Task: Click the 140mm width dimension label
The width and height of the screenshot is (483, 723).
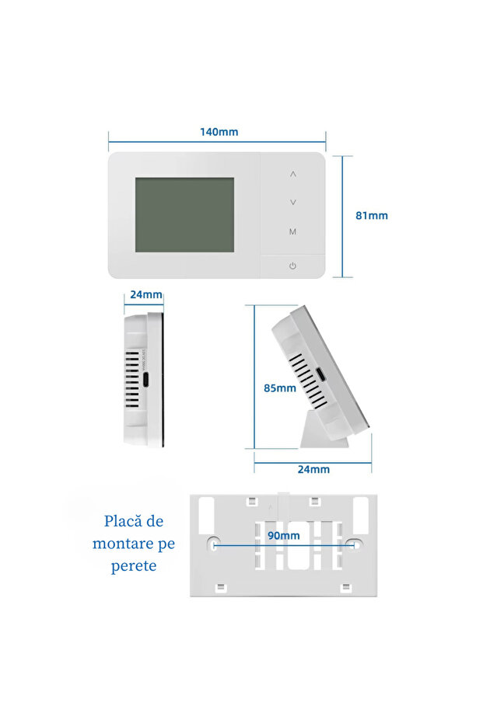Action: click(219, 132)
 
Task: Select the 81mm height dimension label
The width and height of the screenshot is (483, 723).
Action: click(371, 216)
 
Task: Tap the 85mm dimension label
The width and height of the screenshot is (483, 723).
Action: click(280, 388)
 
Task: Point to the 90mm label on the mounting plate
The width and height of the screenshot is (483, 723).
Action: click(284, 536)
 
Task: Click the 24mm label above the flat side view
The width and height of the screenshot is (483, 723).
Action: click(145, 294)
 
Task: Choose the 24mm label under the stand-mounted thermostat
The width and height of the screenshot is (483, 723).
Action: click(313, 469)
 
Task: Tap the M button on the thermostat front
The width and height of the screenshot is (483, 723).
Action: click(292, 231)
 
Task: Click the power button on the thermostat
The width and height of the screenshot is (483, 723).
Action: click(292, 266)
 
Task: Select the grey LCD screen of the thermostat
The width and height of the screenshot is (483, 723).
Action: click(184, 214)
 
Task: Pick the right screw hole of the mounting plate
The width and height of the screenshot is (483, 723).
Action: click(355, 545)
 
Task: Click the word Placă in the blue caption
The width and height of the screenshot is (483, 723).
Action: click(123, 521)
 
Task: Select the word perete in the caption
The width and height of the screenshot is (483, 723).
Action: click(134, 565)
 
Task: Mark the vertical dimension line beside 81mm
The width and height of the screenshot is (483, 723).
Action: click(343, 216)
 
